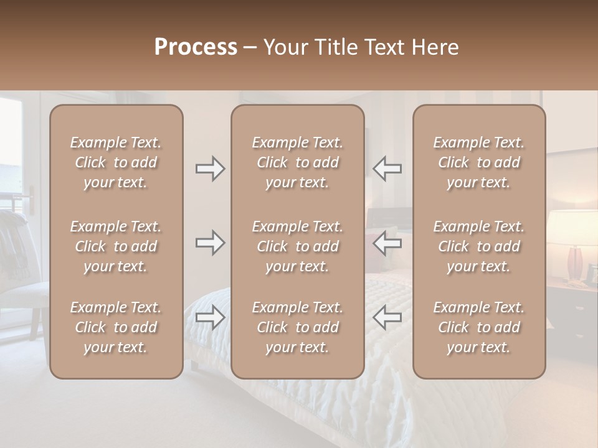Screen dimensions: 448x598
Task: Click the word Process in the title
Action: coord(196,47)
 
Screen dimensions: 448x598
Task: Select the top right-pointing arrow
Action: coord(210,169)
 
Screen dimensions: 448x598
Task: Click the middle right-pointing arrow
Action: coord(210,243)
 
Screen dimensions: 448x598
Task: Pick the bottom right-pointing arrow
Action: coord(210,317)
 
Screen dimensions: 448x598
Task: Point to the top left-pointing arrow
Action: coord(387,169)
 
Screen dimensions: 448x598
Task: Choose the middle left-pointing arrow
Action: coord(387,243)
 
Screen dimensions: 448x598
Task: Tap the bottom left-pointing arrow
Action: coord(387,317)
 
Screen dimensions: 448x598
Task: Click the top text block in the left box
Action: coord(116,162)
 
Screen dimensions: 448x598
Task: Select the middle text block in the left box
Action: coord(116,246)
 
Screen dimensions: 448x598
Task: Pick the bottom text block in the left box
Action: coord(116,327)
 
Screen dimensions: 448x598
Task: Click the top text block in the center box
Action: coord(297,162)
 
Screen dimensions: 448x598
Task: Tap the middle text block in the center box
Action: coord(297,246)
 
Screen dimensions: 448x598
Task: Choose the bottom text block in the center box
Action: coord(297,327)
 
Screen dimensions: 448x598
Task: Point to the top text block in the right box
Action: coord(478,162)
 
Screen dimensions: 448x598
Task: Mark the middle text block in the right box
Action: coord(478,246)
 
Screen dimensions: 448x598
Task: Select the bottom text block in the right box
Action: coord(478,327)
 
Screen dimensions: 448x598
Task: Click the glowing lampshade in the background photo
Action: coord(573,226)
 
